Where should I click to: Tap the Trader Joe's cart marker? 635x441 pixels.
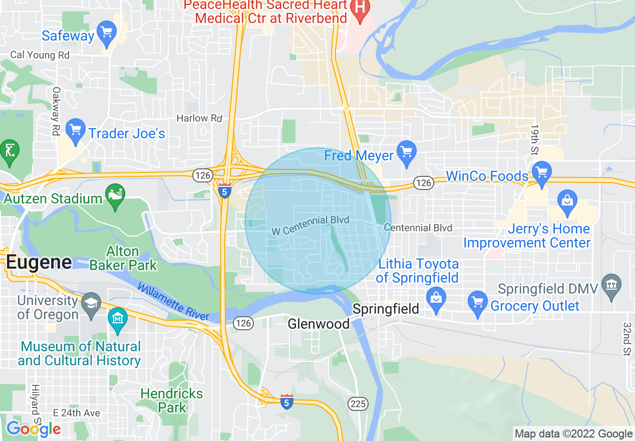point(76,131)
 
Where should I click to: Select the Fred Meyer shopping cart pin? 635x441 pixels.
point(406,151)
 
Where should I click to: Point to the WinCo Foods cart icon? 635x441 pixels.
point(541,173)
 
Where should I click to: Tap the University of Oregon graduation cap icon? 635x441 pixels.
point(91,304)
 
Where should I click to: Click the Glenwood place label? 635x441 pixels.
point(319,324)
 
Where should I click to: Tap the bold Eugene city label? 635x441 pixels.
point(39,262)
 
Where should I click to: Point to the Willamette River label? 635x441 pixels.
point(173,302)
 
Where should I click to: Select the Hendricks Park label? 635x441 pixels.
point(172,400)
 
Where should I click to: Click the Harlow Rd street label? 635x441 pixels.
point(199,118)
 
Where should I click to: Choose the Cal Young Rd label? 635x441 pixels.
point(40,55)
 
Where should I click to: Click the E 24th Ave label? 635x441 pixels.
point(77,413)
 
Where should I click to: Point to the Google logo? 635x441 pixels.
point(33,429)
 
